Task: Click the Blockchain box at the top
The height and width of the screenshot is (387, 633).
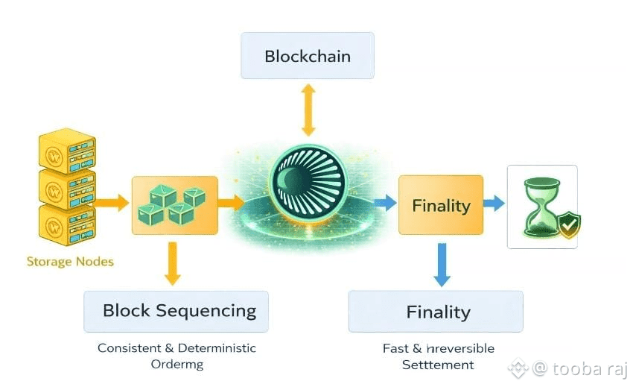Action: coord(307,56)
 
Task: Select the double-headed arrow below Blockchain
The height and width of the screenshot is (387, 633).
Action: coord(308,109)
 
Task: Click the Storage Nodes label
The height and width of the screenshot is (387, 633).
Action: coord(70,262)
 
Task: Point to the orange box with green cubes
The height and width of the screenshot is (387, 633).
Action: coord(175,204)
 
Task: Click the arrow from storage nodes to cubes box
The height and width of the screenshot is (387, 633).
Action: coord(112,202)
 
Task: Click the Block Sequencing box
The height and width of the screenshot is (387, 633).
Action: coord(176,311)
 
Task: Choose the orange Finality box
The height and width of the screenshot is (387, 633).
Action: coord(441,205)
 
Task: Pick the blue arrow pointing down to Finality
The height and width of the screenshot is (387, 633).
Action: coord(442,265)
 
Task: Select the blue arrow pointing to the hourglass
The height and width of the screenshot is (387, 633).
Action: coord(494,204)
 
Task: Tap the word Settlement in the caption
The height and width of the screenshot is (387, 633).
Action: coord(438,365)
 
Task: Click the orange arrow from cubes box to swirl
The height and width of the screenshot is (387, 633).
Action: coord(232,202)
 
